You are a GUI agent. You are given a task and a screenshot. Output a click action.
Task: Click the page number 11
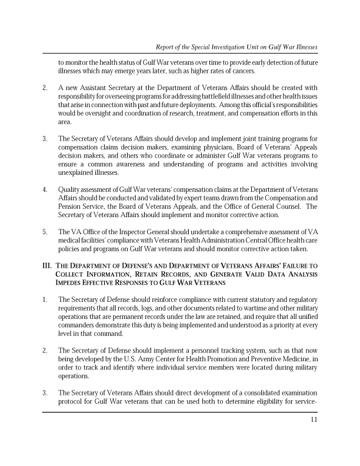tap(314, 420)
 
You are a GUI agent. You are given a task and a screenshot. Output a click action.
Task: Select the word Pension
tap(69, 206)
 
